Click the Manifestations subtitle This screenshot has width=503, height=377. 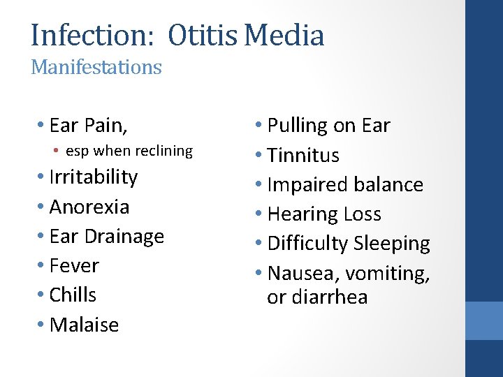coord(96,68)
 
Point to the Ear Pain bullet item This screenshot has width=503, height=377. coord(88,126)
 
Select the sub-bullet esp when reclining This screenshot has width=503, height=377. coord(129,151)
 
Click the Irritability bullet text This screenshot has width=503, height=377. coord(94,177)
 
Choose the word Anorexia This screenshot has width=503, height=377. coord(89,207)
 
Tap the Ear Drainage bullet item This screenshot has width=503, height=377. coord(106,237)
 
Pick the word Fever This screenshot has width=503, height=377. coord(74,266)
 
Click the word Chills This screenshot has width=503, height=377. coord(73,295)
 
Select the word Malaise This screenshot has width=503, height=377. coord(84,325)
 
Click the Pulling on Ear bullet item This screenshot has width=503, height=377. coord(328,126)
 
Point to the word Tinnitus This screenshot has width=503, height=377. coord(303,155)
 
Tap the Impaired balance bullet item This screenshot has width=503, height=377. coord(345,185)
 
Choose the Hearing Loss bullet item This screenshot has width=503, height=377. coord(324,214)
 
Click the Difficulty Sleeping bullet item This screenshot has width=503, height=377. coord(349,244)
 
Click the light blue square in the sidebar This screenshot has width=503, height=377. coord(483,320)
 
